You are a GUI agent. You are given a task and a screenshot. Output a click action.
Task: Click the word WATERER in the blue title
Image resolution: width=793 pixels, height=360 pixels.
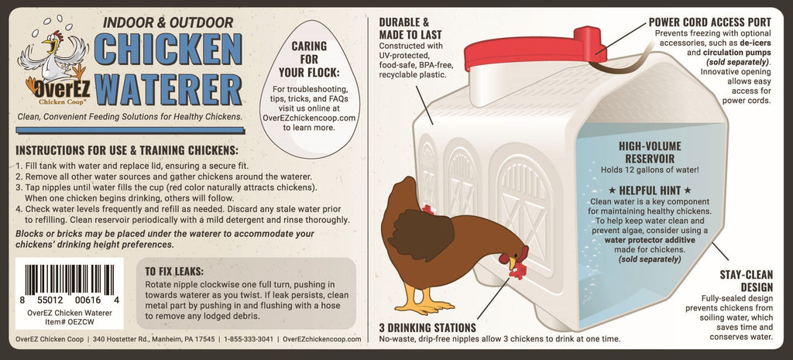[168, 90]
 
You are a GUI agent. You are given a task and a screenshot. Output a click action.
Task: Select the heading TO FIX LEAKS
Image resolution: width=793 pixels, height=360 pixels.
[174, 270]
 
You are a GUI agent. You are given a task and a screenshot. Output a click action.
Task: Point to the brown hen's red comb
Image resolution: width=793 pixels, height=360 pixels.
[522, 252]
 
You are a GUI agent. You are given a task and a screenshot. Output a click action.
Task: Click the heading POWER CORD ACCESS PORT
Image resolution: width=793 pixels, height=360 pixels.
[710, 22]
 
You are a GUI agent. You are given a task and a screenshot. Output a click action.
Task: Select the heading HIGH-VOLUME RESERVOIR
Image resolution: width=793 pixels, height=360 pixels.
[650, 153]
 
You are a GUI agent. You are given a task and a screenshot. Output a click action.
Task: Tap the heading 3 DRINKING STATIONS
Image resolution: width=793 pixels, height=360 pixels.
[427, 327]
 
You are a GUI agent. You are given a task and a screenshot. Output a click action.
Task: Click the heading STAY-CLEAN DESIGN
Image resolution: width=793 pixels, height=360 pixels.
[747, 280]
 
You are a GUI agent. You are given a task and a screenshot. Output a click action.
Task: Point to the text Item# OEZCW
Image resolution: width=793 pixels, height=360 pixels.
[69, 321]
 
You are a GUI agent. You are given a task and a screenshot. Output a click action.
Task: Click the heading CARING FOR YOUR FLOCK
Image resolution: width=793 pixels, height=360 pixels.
[309, 60]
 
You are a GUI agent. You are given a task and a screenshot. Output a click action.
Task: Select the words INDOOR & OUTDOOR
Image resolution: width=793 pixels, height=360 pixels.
[167, 22]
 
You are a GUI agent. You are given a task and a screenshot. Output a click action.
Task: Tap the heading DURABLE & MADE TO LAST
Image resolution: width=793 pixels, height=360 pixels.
[410, 29]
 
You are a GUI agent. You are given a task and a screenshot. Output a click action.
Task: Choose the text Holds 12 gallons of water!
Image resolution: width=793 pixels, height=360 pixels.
[650, 170]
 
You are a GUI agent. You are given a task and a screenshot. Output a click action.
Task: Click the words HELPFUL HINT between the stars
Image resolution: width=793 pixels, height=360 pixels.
[650, 190]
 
